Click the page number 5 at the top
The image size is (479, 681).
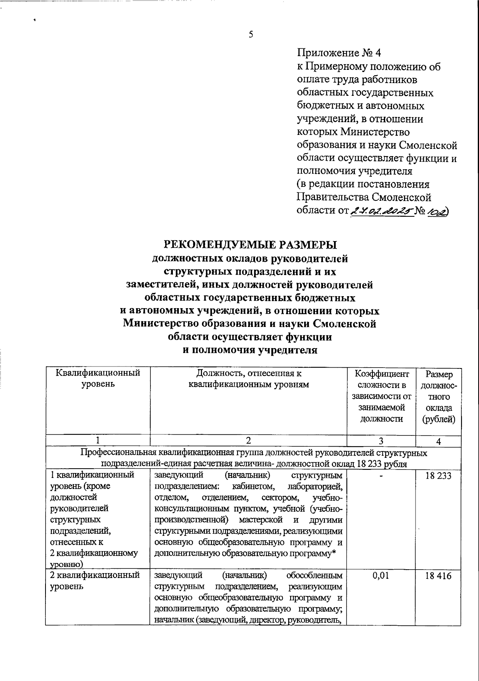pos(251,34)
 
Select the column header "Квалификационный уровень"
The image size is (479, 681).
pos(98,379)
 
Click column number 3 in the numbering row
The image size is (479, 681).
pos(381,441)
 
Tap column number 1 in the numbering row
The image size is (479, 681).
pos(98,441)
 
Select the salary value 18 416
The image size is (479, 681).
pos(439,576)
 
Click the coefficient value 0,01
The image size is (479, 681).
pos(381,576)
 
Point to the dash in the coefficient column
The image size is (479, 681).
pos(381,476)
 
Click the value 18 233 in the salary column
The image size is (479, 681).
pos(439,476)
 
